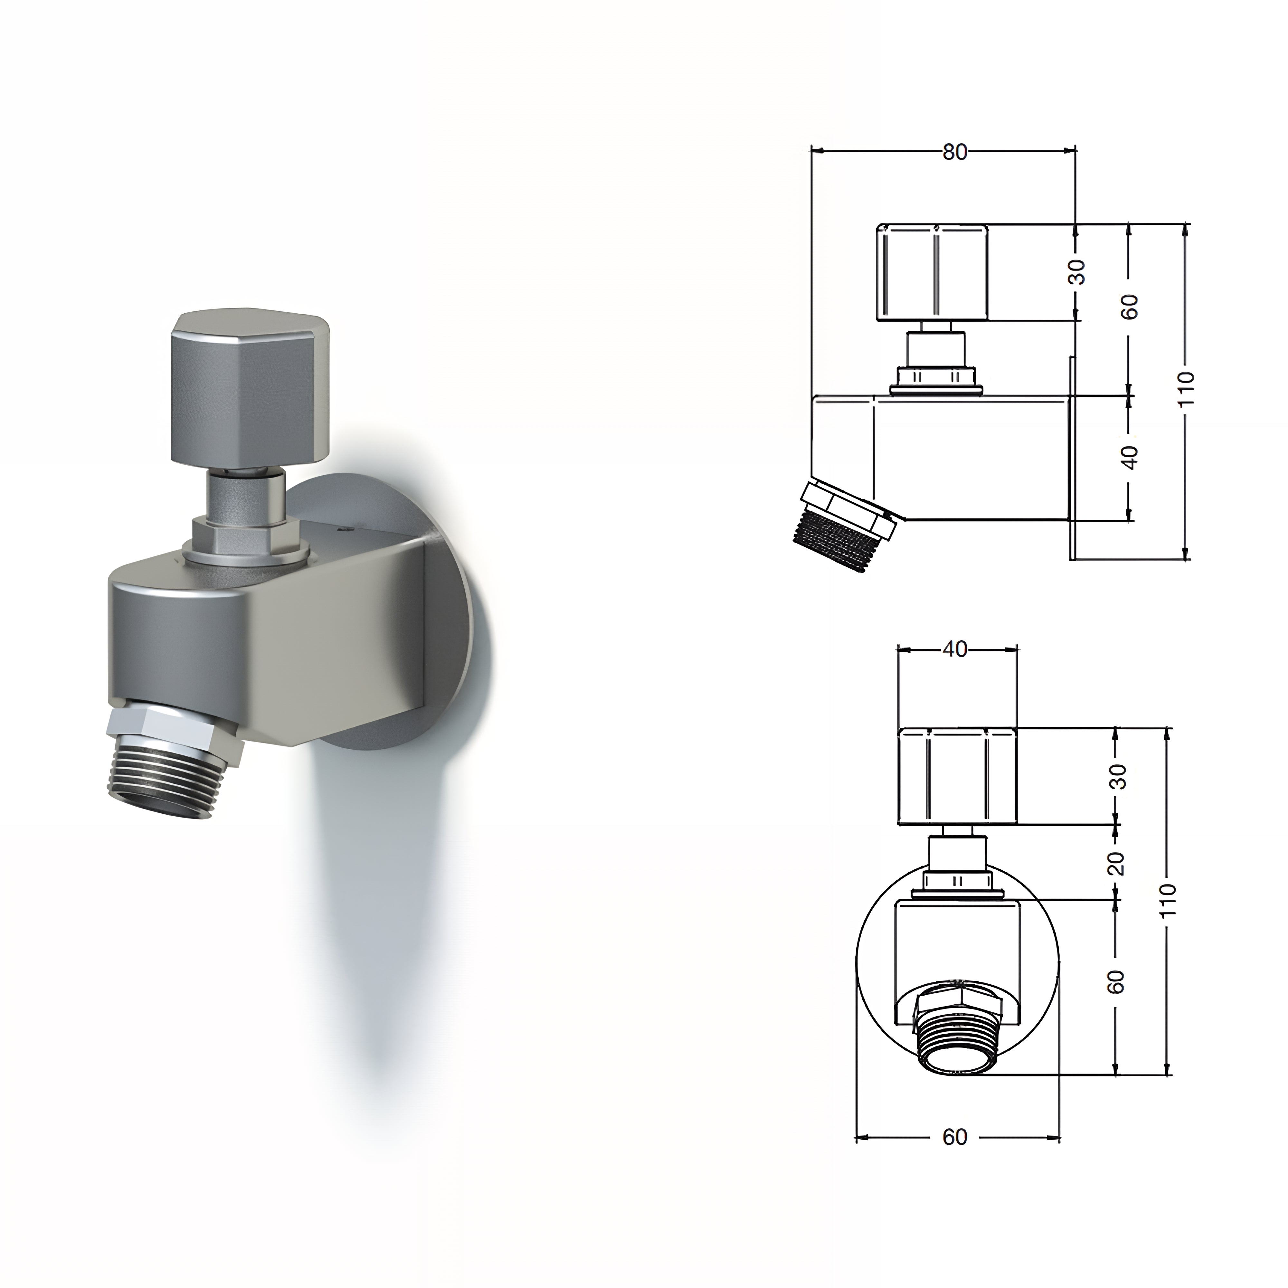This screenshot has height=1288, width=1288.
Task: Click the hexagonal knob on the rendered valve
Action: (x=250, y=387)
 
